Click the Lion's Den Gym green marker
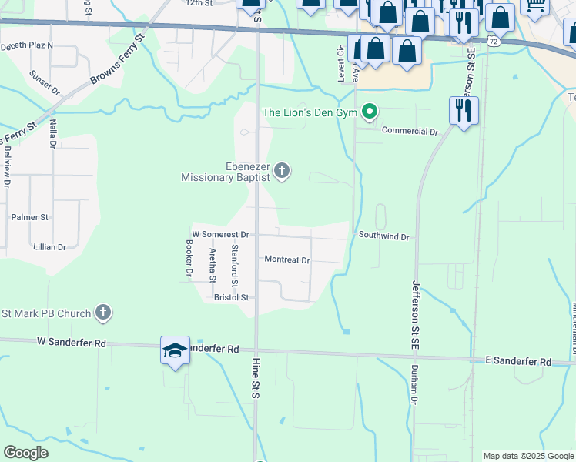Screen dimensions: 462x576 (x=370, y=112)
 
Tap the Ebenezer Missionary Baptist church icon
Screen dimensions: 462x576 (x=282, y=171)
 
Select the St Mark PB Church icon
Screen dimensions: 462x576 (x=103, y=313)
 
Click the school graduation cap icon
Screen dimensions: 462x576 (x=175, y=350)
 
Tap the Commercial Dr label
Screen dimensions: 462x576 (x=409, y=132)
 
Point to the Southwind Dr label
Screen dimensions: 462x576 (x=383, y=236)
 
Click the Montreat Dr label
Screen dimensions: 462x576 (x=286, y=260)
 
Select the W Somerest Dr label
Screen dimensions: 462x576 (x=220, y=234)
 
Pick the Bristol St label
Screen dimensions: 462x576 (x=231, y=297)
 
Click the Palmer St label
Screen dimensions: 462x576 (x=29, y=218)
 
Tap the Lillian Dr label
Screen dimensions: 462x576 (x=49, y=247)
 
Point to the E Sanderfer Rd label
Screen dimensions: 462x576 (x=518, y=361)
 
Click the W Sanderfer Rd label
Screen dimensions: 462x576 (x=71, y=342)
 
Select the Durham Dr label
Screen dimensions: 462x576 (x=414, y=384)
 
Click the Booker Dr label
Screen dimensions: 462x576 (x=188, y=258)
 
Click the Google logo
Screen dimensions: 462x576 (x=25, y=453)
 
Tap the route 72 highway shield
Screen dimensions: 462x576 (x=493, y=41)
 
